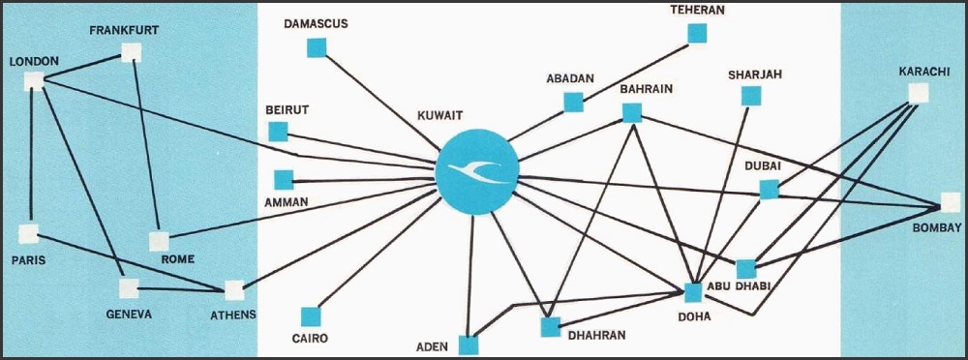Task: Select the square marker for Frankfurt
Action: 131,52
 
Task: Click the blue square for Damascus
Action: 317,47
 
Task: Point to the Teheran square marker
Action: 697,33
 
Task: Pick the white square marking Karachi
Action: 919,93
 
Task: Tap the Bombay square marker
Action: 951,202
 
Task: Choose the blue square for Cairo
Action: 311,316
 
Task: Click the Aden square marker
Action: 468,345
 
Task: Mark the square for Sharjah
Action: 751,96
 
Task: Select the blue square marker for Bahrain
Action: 631,113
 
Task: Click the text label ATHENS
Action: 233,315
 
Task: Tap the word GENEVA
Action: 129,315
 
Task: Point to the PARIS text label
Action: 28,260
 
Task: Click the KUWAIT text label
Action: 440,115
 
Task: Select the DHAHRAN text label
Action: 597,335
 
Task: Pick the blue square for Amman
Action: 284,180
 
